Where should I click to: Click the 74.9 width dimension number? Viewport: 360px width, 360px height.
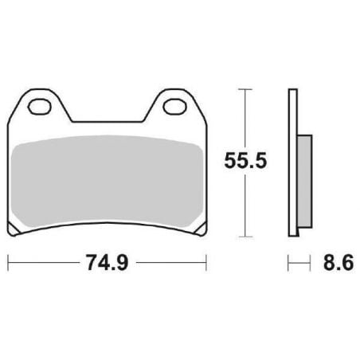[x=108, y=263]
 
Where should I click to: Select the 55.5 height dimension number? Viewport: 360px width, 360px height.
[x=245, y=161]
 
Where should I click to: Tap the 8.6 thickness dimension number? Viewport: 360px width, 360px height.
[x=338, y=263]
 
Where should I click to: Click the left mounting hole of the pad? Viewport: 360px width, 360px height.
[x=39, y=107]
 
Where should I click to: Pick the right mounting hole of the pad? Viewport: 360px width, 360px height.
[x=174, y=107]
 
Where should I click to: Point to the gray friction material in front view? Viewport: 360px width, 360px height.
[x=107, y=182]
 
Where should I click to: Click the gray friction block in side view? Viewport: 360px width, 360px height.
[x=304, y=181]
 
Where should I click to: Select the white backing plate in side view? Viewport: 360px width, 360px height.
[x=292, y=162]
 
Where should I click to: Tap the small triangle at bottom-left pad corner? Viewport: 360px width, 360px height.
[x=14, y=229]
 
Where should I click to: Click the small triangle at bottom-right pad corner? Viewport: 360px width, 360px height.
[x=201, y=229]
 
